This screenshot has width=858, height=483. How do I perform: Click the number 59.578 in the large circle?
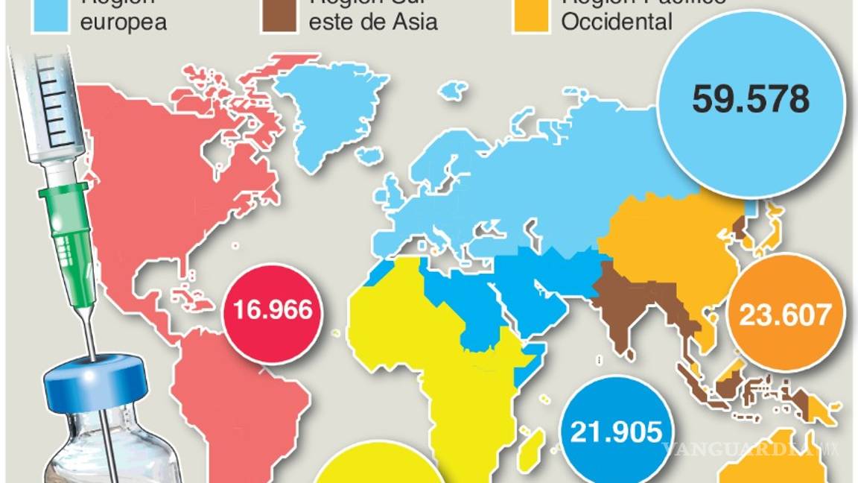751,99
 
